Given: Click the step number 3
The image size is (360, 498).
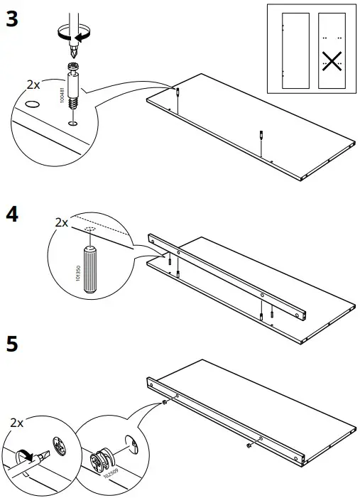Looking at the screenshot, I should pos(11,19).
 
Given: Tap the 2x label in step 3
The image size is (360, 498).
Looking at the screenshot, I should pos(33,85).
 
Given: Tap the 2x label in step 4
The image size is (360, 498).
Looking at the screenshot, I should pos(62,222).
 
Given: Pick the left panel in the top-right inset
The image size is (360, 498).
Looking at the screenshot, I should pos(295,50).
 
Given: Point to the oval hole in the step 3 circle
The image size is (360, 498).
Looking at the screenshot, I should pos(31,104).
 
